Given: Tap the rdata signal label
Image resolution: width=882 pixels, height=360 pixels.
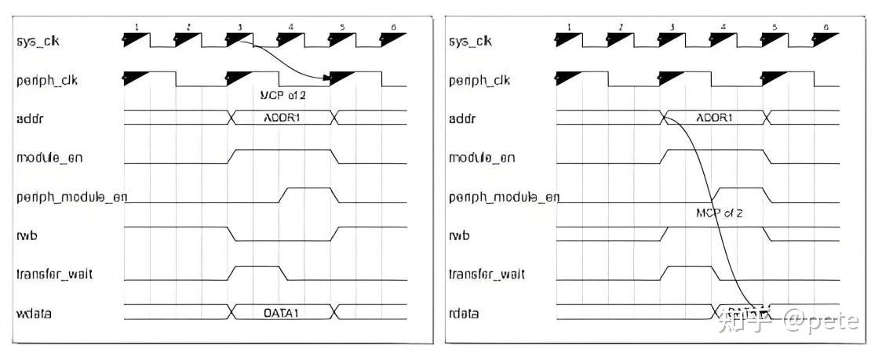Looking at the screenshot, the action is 463,313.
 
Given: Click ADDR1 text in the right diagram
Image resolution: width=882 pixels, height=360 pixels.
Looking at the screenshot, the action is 714,118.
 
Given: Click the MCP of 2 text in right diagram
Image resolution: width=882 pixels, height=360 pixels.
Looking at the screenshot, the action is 719,213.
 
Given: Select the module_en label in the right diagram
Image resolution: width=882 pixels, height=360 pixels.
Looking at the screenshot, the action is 482,158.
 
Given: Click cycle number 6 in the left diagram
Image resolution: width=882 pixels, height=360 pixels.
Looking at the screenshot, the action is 393,27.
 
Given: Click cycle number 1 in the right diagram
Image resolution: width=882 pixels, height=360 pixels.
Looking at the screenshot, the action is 569,27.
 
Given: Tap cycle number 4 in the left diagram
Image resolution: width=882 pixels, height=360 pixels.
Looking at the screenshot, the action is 291,27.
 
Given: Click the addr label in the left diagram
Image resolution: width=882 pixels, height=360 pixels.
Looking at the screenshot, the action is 27,118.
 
